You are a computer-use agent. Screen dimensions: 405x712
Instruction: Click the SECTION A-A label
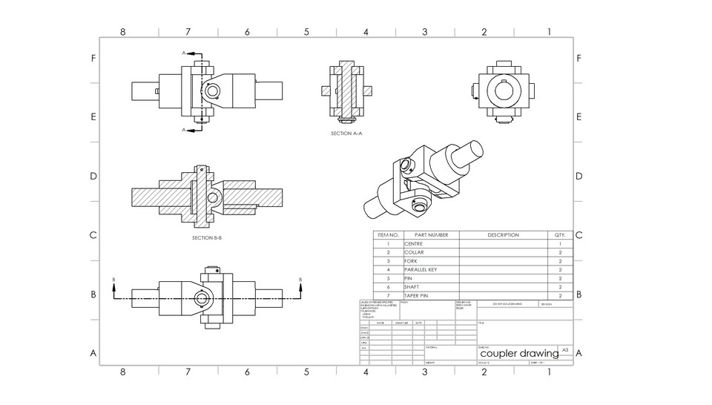[x=346, y=134]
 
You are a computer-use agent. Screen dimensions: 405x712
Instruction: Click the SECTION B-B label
[x=207, y=238]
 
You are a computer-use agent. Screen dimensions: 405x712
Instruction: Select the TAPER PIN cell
[x=416, y=295]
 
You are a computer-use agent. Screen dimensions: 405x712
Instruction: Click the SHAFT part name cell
[x=412, y=286]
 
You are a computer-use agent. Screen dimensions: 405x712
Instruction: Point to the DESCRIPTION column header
[x=503, y=235]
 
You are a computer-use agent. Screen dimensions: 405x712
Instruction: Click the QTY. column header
[x=559, y=235]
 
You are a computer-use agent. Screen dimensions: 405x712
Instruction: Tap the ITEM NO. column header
[x=388, y=235]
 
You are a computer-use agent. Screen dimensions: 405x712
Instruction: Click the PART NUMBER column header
[x=431, y=235]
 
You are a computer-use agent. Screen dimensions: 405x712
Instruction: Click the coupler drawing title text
[x=519, y=354]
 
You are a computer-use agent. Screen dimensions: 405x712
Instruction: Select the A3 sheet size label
[x=565, y=349]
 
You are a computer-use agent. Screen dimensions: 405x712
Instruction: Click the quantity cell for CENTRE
[x=559, y=243]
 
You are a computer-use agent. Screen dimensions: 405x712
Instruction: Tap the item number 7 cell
[x=388, y=295]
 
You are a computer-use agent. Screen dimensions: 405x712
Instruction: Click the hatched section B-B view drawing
[x=207, y=197]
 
